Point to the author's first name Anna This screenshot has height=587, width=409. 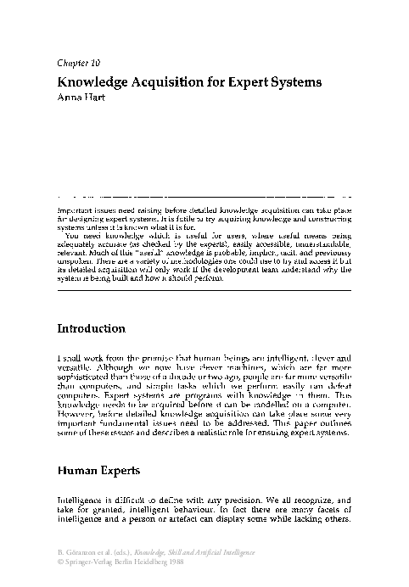[68, 98]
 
